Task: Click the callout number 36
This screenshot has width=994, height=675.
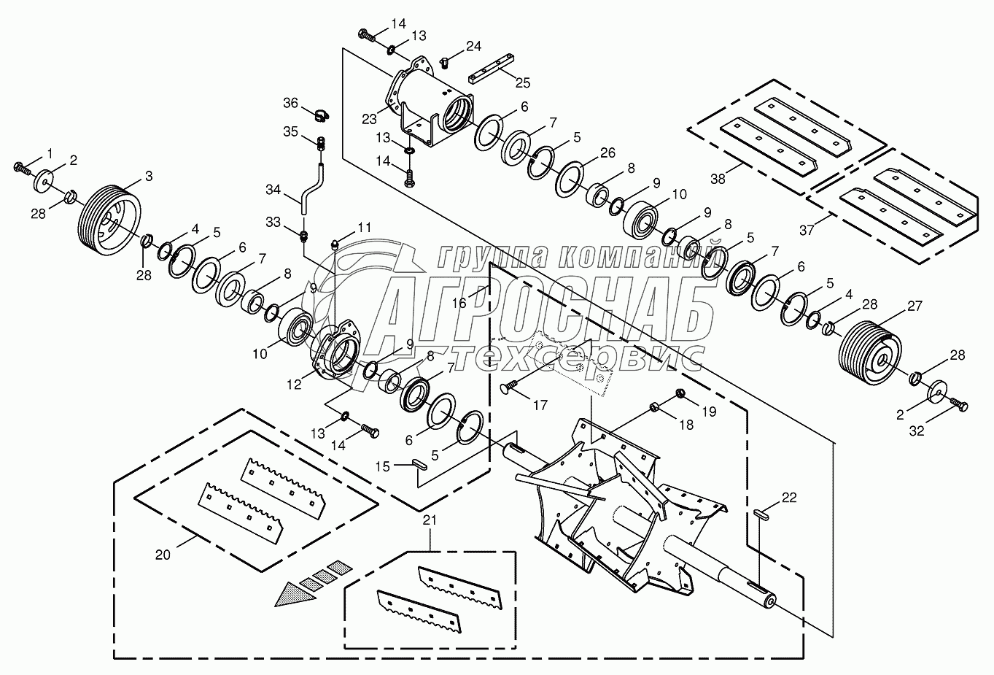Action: [x=290, y=104]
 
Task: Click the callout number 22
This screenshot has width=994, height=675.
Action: [x=789, y=498]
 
